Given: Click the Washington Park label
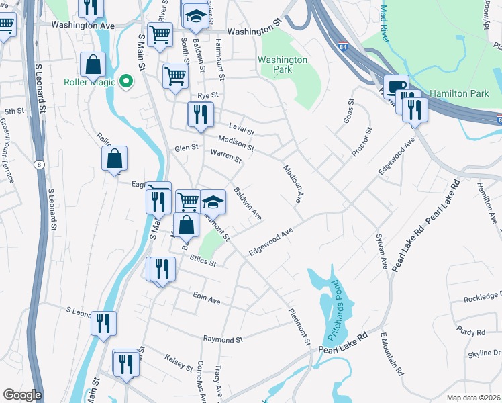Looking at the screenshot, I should point(283,64).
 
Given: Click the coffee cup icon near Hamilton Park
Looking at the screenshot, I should point(396,86).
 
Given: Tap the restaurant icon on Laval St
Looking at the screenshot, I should point(201,114).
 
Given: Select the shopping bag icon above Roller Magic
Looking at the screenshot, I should point(93,64).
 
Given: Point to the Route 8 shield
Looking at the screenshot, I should point(40,164).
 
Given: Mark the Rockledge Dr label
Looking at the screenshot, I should point(482,296).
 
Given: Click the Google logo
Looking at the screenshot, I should point(22,395).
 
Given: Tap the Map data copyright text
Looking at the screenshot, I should point(474,398).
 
